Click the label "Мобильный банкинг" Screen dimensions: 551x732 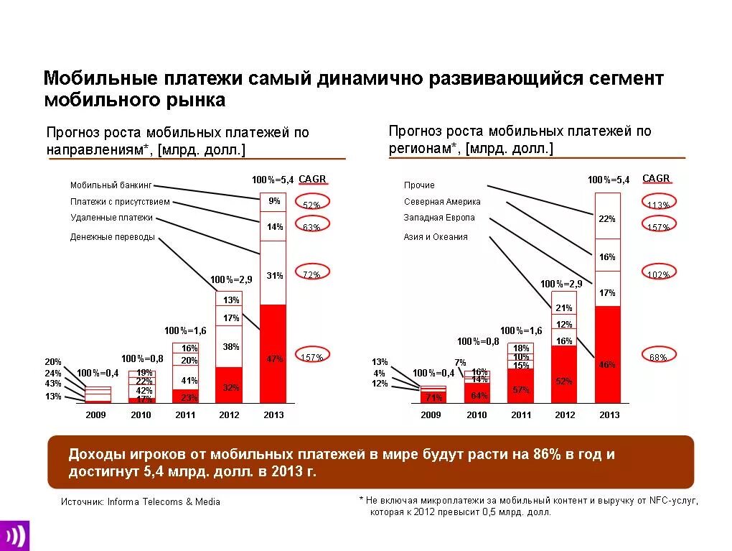coord(111,185)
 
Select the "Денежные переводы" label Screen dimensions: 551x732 coord(112,237)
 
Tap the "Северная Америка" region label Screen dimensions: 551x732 coord(442,202)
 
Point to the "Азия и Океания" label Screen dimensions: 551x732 coord(436,237)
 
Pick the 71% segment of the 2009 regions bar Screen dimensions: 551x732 coord(433,397)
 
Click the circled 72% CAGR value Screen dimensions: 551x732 coord(311,274)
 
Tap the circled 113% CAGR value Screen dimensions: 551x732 coord(658,204)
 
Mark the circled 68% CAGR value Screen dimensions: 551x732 coord(658,356)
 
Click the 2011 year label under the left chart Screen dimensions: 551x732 coord(185,415)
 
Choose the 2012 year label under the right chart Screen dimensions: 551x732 coord(565,415)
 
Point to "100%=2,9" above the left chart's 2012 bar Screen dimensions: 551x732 coord(230,279)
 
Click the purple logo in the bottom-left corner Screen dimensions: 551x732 coord(14,534)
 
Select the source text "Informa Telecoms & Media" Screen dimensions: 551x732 coord(164,502)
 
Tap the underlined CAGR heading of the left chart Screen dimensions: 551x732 coord(312,179)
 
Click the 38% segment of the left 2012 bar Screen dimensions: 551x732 coord(230,346)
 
